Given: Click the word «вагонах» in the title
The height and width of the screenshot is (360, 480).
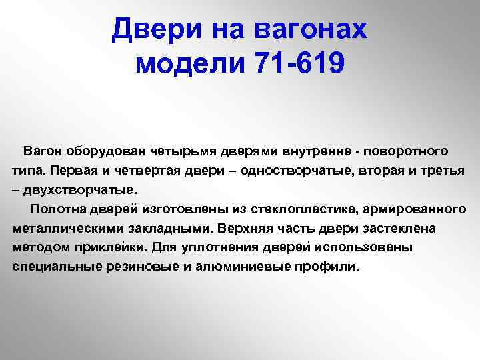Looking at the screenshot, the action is coord(311,30).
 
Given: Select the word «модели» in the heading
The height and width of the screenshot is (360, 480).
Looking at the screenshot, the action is coord(190,63).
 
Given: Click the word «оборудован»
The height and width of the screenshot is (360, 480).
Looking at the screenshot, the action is coord(106,151).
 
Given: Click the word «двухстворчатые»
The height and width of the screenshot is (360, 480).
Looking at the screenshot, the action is coord(81,190).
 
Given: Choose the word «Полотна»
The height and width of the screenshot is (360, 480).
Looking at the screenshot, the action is coord(58,209).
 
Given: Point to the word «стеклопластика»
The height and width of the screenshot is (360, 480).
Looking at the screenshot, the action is coord(305,209).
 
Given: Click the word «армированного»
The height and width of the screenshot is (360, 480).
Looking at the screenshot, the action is coord(415,210).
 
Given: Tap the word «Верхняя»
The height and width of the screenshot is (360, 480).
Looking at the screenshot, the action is coord(245,229).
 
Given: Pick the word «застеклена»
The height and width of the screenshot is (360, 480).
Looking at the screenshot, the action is coord(399,229).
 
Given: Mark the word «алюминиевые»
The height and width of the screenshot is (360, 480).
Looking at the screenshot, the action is coord(243,267).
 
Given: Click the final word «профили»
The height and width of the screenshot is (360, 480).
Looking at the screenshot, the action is coord(327,267).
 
